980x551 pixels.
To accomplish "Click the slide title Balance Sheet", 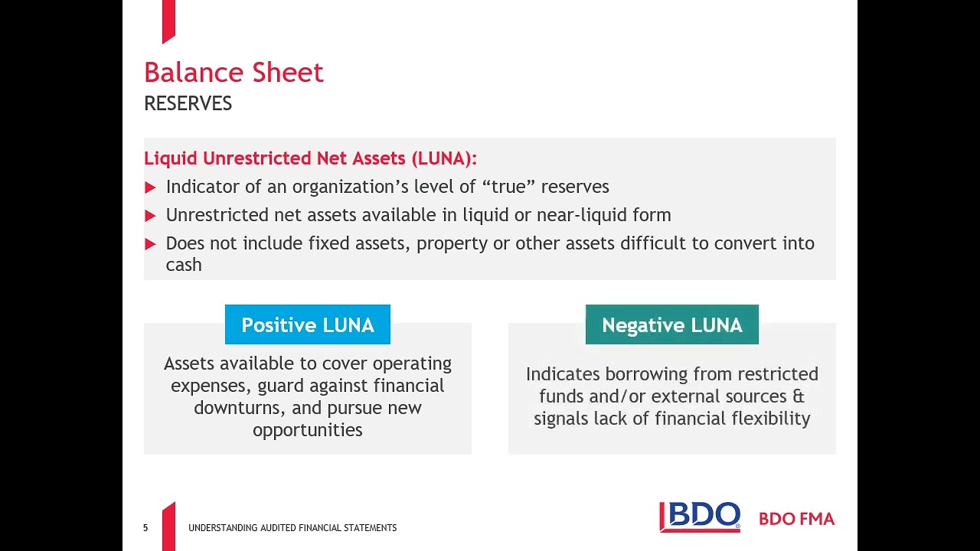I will [x=234, y=73].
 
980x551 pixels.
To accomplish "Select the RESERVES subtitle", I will [x=188, y=104].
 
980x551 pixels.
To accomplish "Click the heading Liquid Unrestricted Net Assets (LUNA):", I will [x=310, y=158].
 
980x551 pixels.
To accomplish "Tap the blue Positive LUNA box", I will [x=308, y=325].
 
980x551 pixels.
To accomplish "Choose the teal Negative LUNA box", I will [x=671, y=325].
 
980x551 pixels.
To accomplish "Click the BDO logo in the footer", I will [x=700, y=517].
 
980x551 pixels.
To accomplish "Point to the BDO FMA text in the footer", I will [x=796, y=519].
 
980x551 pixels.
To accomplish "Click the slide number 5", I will [x=145, y=528].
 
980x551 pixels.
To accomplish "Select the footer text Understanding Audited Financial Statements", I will [x=292, y=528].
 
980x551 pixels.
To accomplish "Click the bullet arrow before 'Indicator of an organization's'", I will [x=150, y=187].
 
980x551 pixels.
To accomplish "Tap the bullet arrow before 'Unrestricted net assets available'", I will [x=150, y=216].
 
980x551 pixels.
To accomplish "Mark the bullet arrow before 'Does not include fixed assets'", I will [x=150, y=244].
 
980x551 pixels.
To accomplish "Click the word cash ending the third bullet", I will [x=184, y=265].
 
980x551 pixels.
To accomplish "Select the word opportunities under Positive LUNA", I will [x=308, y=430].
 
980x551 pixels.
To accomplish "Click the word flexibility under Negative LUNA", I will [x=770, y=419].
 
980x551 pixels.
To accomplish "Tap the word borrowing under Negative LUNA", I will [x=641, y=374].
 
